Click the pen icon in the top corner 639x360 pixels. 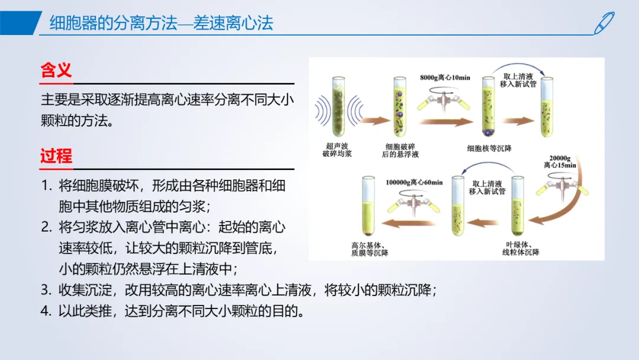click(604, 23)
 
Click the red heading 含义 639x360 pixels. click(56, 70)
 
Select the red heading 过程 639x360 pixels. click(56, 156)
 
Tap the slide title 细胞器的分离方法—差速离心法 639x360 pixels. click(162, 23)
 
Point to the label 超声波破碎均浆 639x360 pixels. click(337, 150)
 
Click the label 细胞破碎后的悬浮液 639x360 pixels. click(400, 150)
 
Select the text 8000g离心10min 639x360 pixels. click(445, 78)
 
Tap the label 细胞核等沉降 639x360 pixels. click(489, 149)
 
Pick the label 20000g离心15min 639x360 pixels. click(560, 162)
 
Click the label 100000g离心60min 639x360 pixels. click(414, 182)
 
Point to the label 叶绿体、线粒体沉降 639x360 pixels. click(521, 248)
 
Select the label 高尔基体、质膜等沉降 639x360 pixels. click(370, 249)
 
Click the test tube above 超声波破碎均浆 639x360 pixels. click(338, 106)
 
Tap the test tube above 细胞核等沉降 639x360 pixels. click(488, 106)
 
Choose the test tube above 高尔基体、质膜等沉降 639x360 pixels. click(369, 206)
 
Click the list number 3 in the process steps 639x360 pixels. click(46, 290)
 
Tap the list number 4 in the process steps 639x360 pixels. click(46, 311)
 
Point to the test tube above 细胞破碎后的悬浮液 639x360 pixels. click(400, 106)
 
